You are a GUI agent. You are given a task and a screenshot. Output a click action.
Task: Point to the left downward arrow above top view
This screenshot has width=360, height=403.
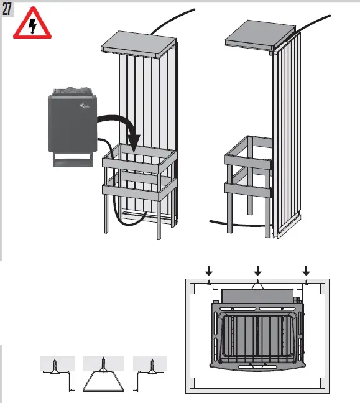[x=209, y=270]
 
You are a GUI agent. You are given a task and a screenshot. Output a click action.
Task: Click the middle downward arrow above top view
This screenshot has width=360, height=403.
[x=257, y=270]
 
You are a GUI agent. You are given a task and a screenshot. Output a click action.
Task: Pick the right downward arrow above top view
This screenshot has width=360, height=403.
[x=306, y=270]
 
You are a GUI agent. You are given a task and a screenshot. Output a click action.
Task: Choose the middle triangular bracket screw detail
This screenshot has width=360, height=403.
[x=103, y=373]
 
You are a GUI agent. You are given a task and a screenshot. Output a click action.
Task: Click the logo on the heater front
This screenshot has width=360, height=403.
[x=85, y=110]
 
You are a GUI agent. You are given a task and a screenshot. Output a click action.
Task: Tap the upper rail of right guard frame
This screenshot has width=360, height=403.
[x=249, y=162]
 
